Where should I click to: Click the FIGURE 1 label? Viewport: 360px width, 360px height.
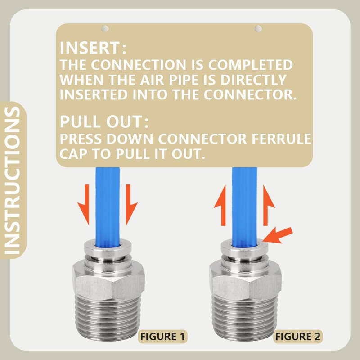(x=162, y=337)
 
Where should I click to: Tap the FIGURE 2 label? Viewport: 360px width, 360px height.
(x=298, y=337)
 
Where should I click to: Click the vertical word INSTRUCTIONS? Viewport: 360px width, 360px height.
(x=13, y=181)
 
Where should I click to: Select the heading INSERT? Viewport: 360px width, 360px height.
(x=93, y=48)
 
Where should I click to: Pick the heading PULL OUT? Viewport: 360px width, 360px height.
(x=104, y=121)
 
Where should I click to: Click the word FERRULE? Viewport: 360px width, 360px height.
(x=282, y=139)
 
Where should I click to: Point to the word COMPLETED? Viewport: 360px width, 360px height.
(x=250, y=65)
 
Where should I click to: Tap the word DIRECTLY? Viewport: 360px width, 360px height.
(x=253, y=80)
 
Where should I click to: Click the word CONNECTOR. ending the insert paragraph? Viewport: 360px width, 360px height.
(x=250, y=94)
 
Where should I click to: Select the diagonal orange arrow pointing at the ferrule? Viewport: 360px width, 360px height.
(x=278, y=235)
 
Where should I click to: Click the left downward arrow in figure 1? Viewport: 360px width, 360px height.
(x=84, y=204)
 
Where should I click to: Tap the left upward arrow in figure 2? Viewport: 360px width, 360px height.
(x=221, y=206)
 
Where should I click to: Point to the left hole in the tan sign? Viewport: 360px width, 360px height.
(x=105, y=29)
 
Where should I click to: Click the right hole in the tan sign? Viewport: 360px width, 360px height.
(x=258, y=29)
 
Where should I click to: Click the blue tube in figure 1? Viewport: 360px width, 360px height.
(x=108, y=207)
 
